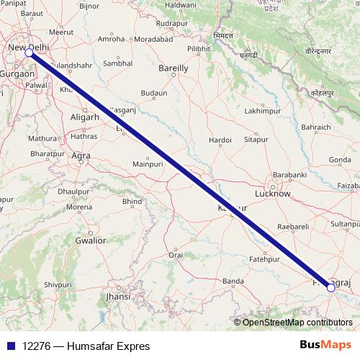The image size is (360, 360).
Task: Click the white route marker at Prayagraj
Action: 330,287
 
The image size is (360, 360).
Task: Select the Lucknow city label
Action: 274,194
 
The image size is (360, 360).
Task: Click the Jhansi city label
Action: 118,296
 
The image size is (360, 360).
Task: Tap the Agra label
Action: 81,156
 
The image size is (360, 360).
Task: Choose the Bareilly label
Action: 174,68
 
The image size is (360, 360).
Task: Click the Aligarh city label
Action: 86,117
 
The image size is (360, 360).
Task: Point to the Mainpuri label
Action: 149,164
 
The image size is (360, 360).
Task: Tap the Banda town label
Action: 233,280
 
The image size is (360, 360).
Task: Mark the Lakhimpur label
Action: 261,112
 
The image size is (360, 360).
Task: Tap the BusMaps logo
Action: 325,346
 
